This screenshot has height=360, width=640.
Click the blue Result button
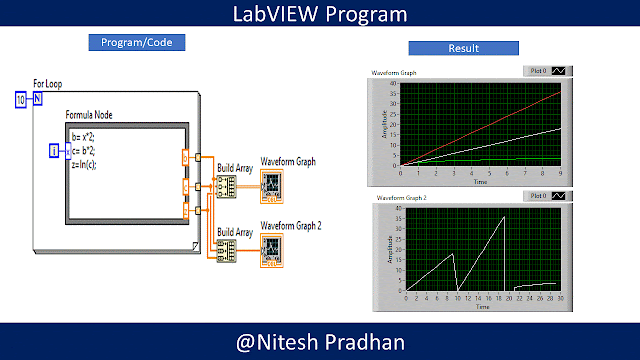point(463,48)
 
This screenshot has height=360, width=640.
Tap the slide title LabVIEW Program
point(320,14)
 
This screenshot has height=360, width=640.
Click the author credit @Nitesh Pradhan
point(320,343)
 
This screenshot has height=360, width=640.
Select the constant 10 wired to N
point(21,99)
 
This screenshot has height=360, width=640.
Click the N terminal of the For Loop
point(38,99)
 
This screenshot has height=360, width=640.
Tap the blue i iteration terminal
point(55,150)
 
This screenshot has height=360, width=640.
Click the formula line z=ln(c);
point(85,163)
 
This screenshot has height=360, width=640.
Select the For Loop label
point(46,85)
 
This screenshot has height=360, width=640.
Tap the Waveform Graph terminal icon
point(272,185)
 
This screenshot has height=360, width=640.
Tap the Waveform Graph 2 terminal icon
point(272,248)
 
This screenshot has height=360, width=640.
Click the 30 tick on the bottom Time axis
point(561,298)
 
